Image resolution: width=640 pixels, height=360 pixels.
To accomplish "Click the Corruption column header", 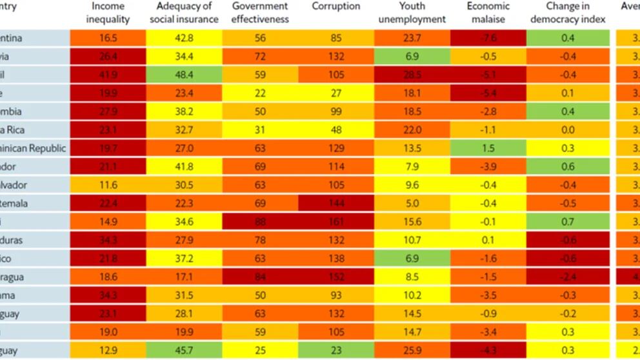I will [335, 6].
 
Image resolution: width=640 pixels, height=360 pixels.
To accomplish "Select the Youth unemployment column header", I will [412, 12].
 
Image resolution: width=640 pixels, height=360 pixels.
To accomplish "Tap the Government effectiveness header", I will [259, 12].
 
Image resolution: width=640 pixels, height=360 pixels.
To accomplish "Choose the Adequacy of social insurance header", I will [183, 12].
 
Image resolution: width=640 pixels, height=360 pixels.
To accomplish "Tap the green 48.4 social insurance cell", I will [183, 75].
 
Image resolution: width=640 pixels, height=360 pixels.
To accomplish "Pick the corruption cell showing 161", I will [335, 222].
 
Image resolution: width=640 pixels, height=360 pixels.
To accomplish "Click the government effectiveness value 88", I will [259, 222].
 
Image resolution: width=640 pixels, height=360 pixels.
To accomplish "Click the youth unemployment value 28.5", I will [412, 75].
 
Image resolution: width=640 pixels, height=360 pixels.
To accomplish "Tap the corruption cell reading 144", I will [335, 203].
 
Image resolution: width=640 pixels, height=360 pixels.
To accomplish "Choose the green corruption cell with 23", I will [335, 350].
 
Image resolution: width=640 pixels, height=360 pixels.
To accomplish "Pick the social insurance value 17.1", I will [183, 277].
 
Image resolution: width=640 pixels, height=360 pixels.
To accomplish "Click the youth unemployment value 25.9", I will [412, 350].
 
